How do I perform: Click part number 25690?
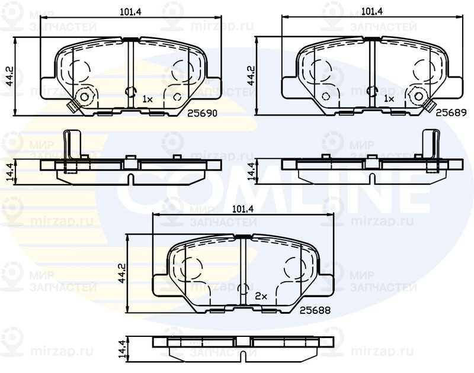[x=200, y=111]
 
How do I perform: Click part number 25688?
[x=314, y=310]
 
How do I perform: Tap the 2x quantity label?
[x=261, y=295]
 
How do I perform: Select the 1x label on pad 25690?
[x=148, y=99]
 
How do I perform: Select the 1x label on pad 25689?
[x=389, y=99]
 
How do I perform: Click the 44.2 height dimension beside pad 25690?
[x=8, y=76]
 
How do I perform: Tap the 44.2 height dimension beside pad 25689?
[x=250, y=76]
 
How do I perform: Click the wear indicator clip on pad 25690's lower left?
[x=72, y=108]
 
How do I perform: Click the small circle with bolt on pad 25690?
[x=84, y=97]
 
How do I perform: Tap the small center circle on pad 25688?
[x=242, y=288]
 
